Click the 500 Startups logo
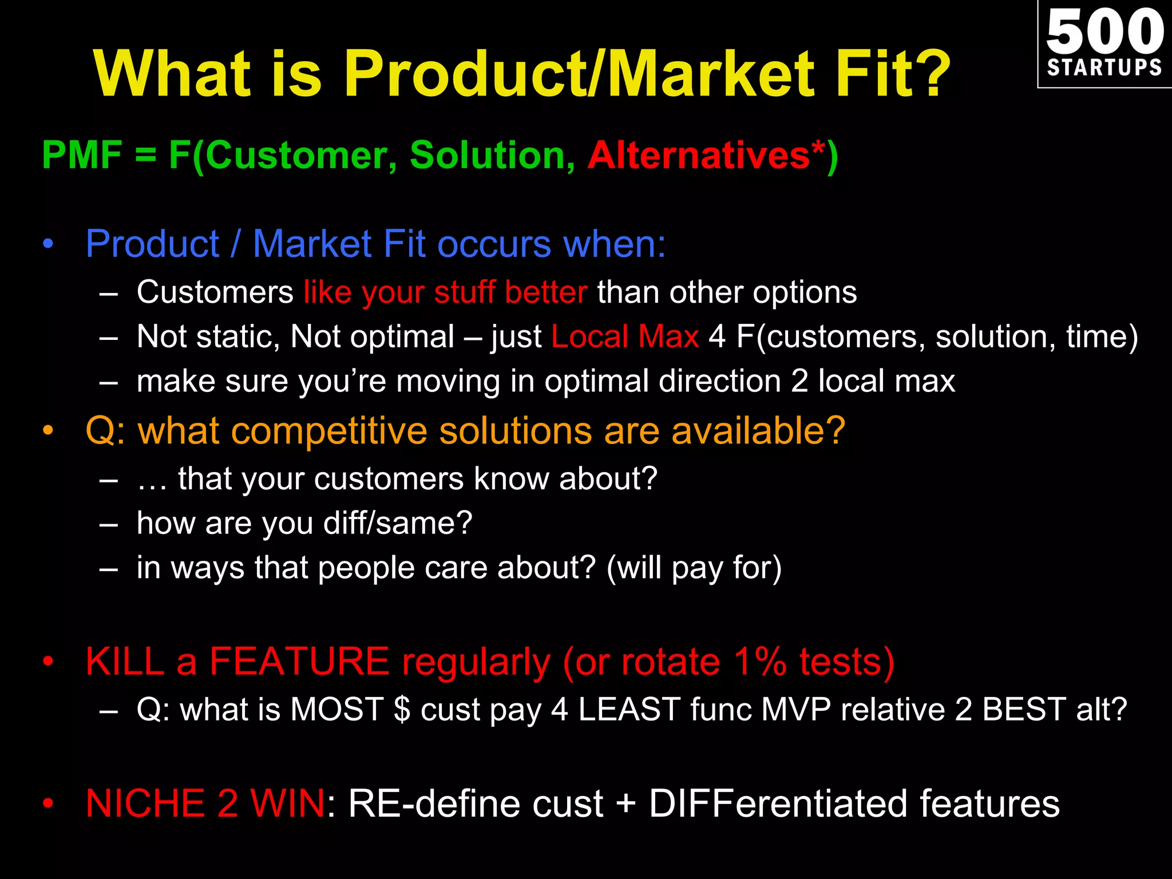coord(1104,44)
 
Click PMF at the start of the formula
coord(82,155)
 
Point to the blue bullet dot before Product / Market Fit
coord(49,244)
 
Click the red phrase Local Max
coord(624,336)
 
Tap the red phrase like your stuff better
coord(445,292)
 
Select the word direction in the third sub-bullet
coord(719,381)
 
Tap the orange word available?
coord(758,430)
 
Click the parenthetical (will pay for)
coord(694,568)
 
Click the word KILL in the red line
coord(125,662)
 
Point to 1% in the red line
coord(760,662)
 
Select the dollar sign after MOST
coord(402,710)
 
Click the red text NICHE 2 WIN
coord(205,803)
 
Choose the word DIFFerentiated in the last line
coord(778,803)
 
